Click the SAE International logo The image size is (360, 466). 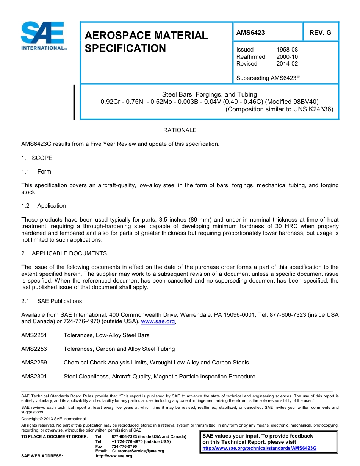(x=42, y=36)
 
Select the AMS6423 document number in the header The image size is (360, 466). (x=250, y=33)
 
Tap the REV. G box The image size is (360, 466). (x=320, y=33)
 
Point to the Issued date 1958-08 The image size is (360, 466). (x=287, y=50)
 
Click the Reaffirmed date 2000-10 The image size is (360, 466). (x=287, y=57)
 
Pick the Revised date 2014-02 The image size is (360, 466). (x=287, y=64)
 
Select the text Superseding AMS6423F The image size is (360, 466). (x=268, y=78)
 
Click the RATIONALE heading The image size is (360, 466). (x=180, y=130)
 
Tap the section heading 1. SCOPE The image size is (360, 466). (x=37, y=158)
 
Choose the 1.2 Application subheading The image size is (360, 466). (x=44, y=206)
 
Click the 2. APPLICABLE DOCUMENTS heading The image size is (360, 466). (x=64, y=253)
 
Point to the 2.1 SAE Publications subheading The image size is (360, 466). (x=52, y=301)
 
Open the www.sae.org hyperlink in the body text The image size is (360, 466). (x=158, y=322)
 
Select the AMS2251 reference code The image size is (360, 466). (x=34, y=335)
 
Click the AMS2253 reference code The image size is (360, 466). (x=34, y=349)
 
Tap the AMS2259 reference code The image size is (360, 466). (x=34, y=363)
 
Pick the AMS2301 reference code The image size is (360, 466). (x=34, y=377)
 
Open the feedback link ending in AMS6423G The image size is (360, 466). (x=259, y=448)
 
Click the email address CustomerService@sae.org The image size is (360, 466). (x=138, y=451)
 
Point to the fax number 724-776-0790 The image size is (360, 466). (x=124, y=446)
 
